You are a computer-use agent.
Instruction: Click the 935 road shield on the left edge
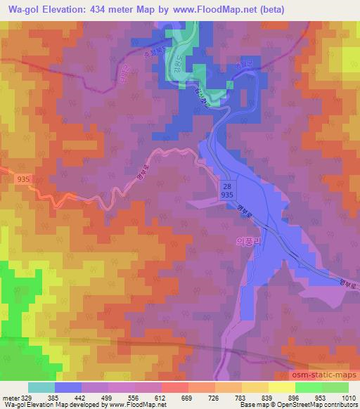point(22,181)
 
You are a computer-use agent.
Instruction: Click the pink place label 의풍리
point(247,240)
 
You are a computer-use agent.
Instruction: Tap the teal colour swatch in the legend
point(41,387)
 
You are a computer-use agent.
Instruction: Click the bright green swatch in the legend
point(308,387)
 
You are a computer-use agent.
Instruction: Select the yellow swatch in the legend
point(281,387)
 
